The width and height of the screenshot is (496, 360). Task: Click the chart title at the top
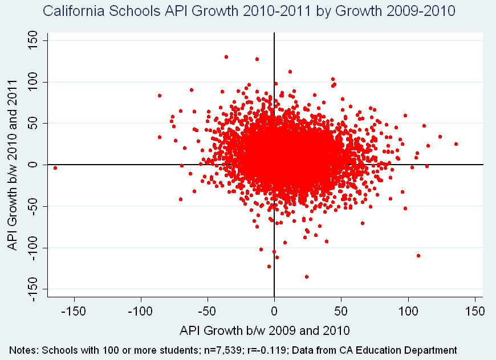coord(249,11)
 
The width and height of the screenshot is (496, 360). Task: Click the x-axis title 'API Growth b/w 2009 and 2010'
coord(265,330)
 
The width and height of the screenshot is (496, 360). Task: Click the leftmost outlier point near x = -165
coord(55,168)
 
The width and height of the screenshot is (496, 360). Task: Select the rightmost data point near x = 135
coord(456,144)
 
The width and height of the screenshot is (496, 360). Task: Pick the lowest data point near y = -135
coord(307,277)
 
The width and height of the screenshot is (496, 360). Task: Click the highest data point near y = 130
coord(226,57)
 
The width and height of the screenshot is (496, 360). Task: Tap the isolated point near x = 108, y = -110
coord(418,256)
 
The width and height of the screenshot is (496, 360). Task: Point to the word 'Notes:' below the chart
coord(23,350)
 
